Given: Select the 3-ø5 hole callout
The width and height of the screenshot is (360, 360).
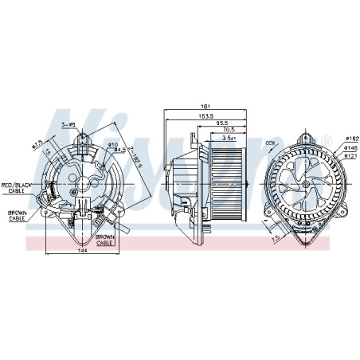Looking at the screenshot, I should pos(68,124).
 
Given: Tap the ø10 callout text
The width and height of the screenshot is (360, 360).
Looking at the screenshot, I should pos(112,143).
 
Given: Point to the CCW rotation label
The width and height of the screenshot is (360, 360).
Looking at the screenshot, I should pos(269,143).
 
